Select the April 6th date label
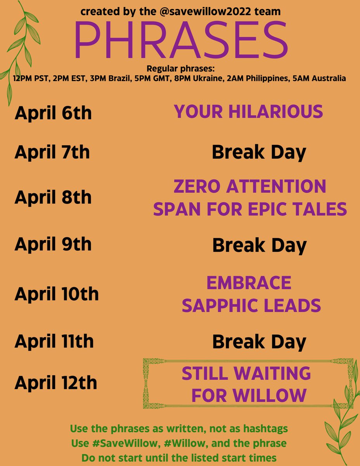(53, 113)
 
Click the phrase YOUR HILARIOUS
(248, 112)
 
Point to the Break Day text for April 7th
(259, 153)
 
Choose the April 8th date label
(53, 197)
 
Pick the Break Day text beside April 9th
(259, 245)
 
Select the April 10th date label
(57, 294)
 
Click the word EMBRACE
(249, 283)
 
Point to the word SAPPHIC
(224, 306)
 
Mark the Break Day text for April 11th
(259, 342)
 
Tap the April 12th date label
(56, 383)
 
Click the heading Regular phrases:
(180, 69)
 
